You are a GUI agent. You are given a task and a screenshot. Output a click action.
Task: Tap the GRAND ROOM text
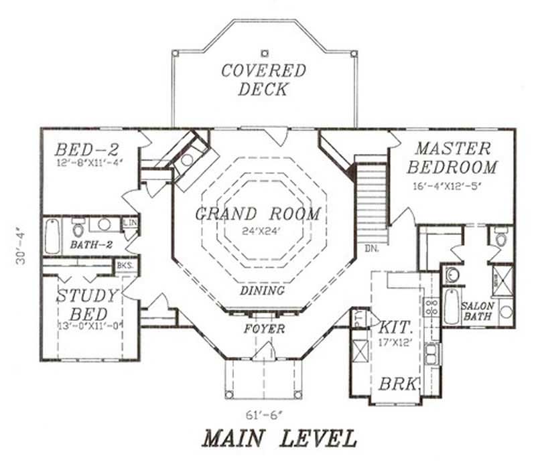(258, 214)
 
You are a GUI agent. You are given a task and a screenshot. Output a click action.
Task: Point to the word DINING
(262, 291)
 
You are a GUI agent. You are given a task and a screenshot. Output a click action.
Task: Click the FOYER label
(263, 329)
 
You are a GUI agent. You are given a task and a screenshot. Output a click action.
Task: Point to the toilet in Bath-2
(78, 226)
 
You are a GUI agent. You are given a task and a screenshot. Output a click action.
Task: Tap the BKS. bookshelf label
(124, 265)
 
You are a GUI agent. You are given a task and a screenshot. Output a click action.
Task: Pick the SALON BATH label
(477, 310)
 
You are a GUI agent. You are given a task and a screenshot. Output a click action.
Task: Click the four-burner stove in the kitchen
(431, 307)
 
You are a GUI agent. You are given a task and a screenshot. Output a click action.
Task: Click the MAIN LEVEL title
(279, 438)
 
